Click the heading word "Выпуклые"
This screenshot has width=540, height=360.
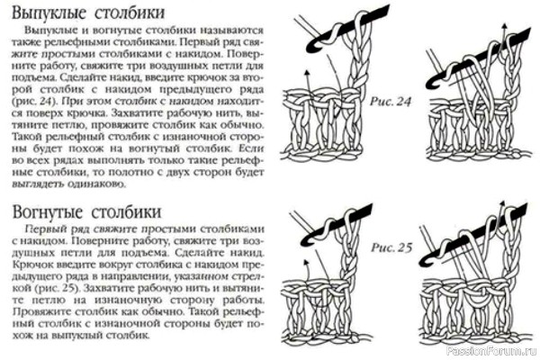click(49, 13)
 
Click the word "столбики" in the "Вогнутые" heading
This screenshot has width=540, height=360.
click(126, 212)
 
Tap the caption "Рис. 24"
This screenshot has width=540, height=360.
click(391, 102)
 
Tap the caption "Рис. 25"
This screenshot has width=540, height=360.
click(391, 247)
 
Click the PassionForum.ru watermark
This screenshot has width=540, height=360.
click(491, 351)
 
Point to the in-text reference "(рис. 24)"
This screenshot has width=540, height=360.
click(34, 102)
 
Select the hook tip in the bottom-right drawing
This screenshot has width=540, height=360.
click(427, 265)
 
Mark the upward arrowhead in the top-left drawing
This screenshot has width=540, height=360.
click(307, 72)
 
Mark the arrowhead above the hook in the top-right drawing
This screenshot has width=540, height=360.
click(505, 26)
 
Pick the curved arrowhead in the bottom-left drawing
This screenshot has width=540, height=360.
click(306, 262)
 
